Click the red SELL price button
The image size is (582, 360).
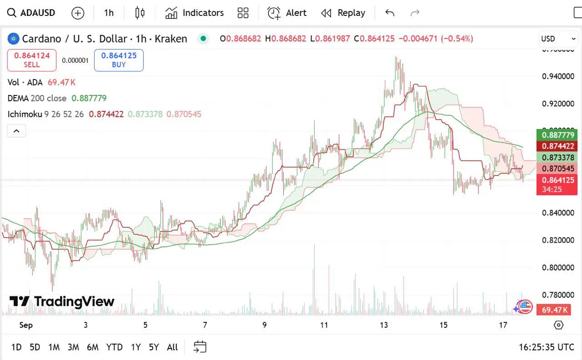(x=32, y=60)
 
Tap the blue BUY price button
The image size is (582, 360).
(x=119, y=60)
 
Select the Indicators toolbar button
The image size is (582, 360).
(x=194, y=13)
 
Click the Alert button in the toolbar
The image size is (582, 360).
(x=287, y=13)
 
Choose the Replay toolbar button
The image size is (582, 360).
(x=343, y=13)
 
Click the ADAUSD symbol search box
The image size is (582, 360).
(x=31, y=13)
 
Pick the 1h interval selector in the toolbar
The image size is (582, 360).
(x=109, y=13)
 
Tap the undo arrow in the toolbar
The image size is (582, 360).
(x=390, y=13)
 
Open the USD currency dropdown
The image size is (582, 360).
(x=557, y=39)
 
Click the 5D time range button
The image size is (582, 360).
(x=35, y=347)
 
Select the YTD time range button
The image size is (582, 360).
(x=114, y=347)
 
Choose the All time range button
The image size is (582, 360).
(x=172, y=347)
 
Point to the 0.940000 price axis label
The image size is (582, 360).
(x=558, y=76)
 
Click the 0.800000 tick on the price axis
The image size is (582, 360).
(x=558, y=268)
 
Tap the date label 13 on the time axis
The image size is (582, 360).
(x=384, y=325)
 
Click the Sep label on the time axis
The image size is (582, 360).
(x=26, y=325)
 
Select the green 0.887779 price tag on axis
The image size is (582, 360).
(x=557, y=135)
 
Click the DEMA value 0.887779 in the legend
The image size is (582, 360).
(x=89, y=98)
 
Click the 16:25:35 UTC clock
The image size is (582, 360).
(x=547, y=347)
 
